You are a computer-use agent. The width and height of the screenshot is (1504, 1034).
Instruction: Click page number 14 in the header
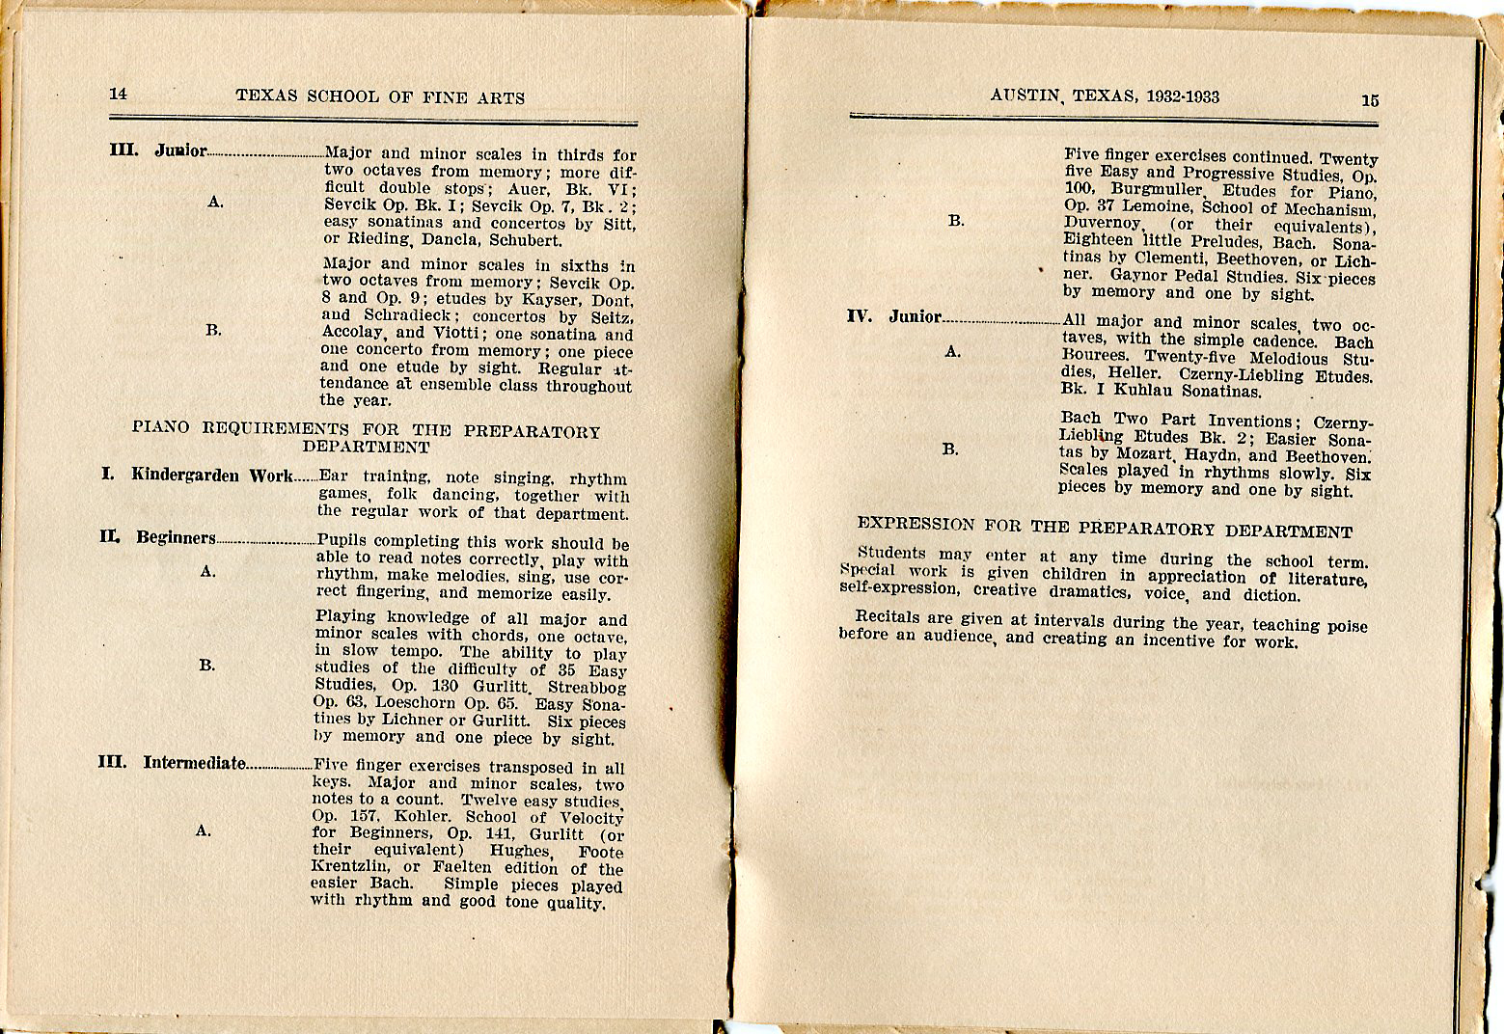118,94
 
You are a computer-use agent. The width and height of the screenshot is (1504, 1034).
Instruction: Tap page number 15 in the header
1370,99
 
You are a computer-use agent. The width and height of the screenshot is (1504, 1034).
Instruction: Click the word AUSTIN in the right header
1025,96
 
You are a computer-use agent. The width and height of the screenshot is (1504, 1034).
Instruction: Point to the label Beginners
176,538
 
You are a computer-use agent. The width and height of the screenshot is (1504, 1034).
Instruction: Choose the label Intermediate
194,763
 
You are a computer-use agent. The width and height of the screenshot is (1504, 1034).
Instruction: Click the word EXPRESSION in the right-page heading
916,524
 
